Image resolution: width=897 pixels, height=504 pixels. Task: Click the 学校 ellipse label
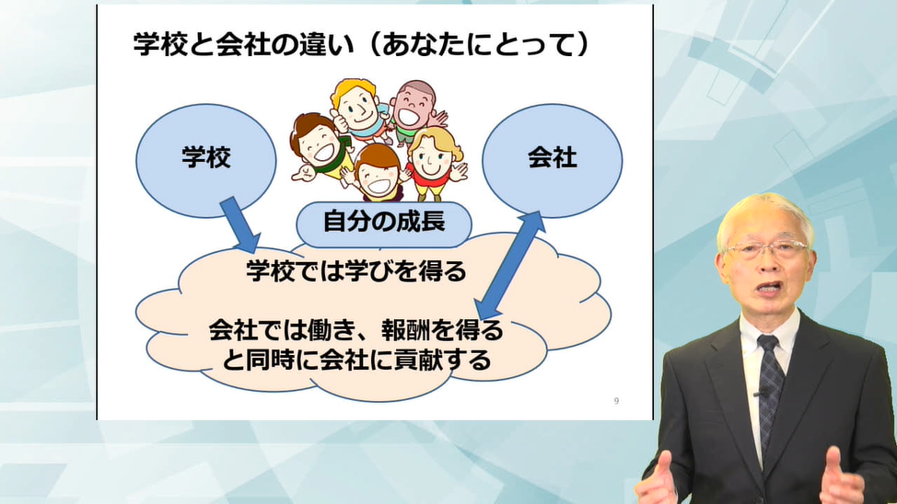(x=206, y=157)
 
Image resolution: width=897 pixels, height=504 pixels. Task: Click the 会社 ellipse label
(x=552, y=157)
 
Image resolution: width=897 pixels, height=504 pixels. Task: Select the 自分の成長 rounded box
(x=384, y=223)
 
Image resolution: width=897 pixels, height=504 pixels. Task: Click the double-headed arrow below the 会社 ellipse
(x=510, y=265)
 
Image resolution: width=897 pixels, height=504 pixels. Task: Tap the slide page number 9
(x=616, y=401)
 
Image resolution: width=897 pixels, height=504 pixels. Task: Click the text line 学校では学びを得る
(x=356, y=271)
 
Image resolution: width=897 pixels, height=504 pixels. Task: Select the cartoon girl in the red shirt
(x=435, y=164)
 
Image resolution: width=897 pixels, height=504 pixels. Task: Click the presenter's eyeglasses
(x=765, y=250)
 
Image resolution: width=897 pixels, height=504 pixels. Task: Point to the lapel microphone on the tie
(x=762, y=393)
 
